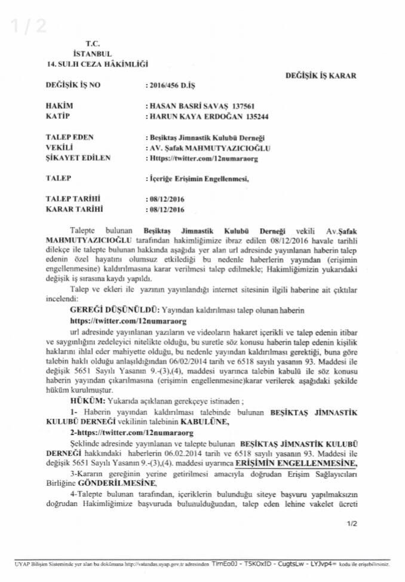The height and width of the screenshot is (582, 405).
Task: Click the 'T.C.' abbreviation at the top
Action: point(93,44)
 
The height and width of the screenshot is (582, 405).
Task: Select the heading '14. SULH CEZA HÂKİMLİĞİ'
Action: point(97,63)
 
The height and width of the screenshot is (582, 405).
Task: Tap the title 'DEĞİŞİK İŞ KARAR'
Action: point(321,76)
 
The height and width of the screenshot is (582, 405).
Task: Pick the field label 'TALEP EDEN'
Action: point(70,137)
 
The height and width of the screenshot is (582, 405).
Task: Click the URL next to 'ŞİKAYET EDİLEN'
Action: point(197,159)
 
